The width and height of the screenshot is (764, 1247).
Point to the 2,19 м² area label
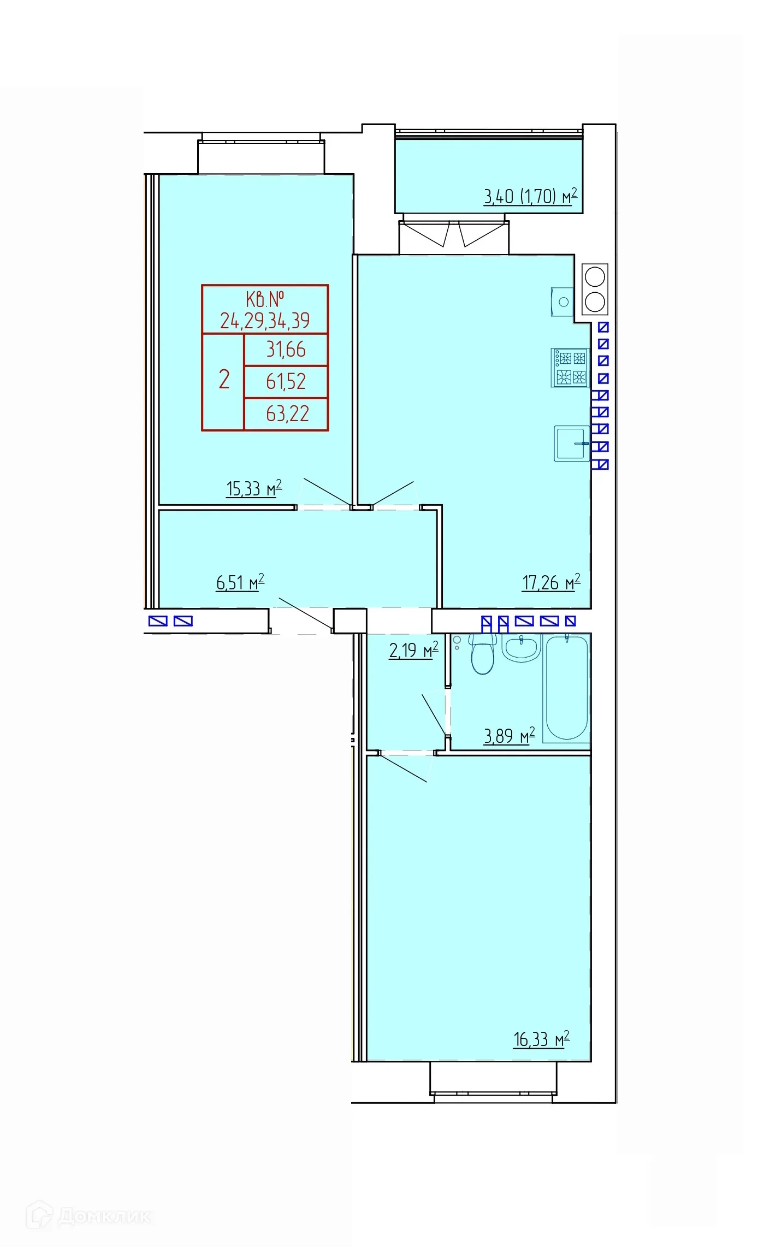coord(413,650)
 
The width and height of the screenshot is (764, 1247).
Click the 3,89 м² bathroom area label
coord(509,736)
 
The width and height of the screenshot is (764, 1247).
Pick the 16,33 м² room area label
coord(541,1039)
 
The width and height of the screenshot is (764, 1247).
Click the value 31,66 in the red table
coord(286,350)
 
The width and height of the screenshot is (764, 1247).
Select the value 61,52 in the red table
coord(286,381)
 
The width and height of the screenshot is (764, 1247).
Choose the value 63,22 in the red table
coord(287,413)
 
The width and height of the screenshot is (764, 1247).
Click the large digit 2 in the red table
coord(224,379)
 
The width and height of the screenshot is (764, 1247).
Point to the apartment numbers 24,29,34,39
coord(265,321)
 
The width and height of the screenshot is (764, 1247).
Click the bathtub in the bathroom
coord(566,688)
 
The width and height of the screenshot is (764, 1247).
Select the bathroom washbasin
coord(522,648)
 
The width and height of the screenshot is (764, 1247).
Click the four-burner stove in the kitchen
coord(570,368)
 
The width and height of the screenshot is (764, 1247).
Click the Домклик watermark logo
coord(89,1216)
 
